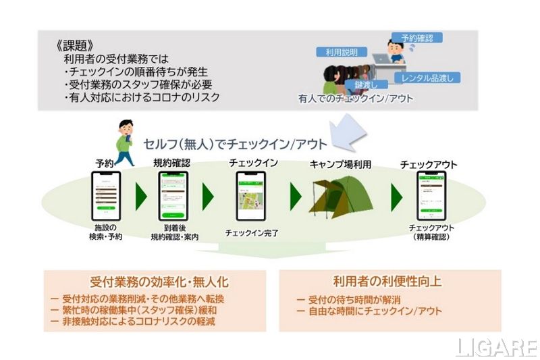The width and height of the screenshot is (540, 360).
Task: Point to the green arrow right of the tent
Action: (x=391, y=195)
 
